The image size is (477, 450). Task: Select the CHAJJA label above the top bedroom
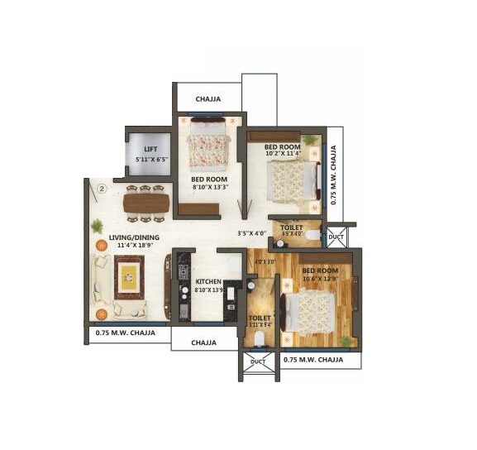point(207,99)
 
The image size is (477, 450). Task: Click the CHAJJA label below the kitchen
point(203,342)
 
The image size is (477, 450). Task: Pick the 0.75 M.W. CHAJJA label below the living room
point(126,334)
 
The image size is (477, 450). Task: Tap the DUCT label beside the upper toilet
point(335,236)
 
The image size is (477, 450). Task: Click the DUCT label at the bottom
point(258,361)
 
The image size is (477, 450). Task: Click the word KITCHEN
point(208,282)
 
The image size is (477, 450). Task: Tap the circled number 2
point(101,188)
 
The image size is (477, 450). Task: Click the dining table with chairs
point(145,203)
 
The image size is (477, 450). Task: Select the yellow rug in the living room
point(128,277)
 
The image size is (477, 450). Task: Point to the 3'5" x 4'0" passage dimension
point(252,232)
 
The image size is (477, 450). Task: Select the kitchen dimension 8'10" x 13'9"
point(208,290)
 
